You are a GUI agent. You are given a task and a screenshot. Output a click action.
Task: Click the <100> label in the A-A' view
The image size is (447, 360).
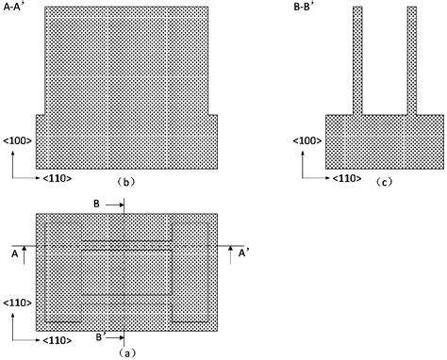(18, 140)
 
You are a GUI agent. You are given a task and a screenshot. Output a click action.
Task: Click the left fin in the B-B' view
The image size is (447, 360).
(357, 59)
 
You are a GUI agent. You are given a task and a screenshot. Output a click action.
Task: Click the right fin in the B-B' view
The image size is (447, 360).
(411, 59)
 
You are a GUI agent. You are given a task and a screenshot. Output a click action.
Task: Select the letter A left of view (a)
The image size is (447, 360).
(15, 253)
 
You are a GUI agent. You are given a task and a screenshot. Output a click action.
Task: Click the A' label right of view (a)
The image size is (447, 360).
(242, 253)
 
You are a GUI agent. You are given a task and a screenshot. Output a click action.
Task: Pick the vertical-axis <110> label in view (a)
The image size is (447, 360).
(17, 303)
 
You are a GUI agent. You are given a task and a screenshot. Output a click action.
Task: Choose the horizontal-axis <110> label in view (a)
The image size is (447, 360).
(56, 336)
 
